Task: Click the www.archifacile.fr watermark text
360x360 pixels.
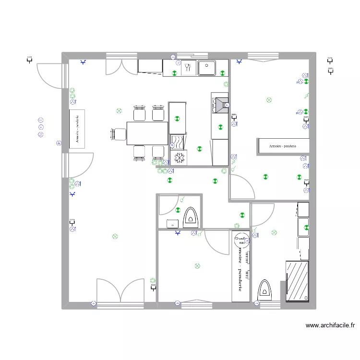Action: click(330, 325)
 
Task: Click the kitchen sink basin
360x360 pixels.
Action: click(207, 68)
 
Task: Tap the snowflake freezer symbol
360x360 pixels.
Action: click(179, 158)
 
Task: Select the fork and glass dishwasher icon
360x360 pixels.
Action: click(188, 68)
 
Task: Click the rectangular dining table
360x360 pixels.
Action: click(147, 133)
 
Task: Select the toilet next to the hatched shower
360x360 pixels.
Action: click(265, 290)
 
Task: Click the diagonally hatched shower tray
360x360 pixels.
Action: click(297, 281)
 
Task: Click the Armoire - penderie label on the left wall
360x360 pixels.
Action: click(77, 129)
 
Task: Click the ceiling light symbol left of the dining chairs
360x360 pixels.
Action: click(119, 111)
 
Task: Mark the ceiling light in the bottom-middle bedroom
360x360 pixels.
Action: click(197, 266)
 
